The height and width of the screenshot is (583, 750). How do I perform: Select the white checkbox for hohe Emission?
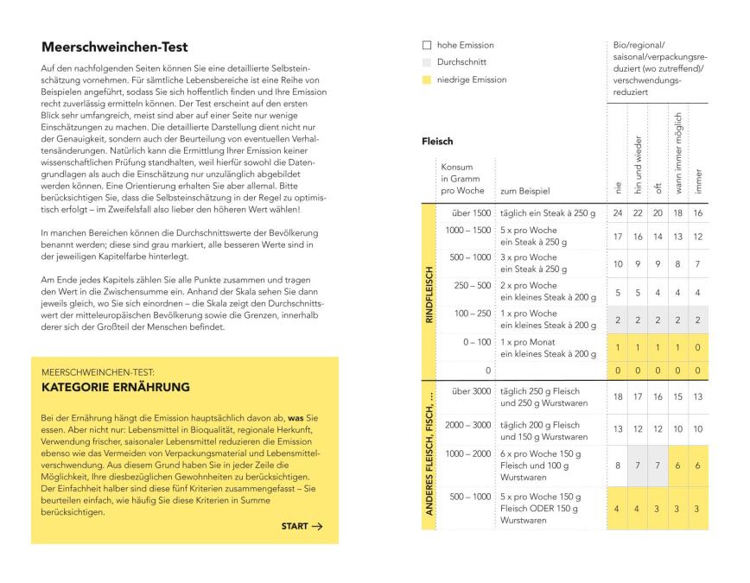point(427,45)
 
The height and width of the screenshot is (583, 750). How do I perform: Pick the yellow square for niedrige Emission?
point(427,79)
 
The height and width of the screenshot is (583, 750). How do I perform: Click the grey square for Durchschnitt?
point(427,62)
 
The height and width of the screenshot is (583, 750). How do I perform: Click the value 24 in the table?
point(618,212)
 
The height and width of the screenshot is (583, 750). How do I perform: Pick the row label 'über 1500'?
point(471,212)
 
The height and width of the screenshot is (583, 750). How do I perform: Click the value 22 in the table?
point(639,212)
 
